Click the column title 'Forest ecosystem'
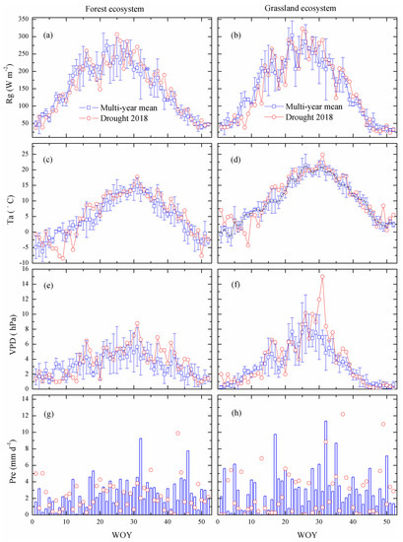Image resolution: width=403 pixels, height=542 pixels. (120, 9)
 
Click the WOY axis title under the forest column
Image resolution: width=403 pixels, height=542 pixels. (120, 535)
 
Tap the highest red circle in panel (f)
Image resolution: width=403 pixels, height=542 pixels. (321, 277)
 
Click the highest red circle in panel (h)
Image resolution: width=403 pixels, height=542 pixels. (343, 414)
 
